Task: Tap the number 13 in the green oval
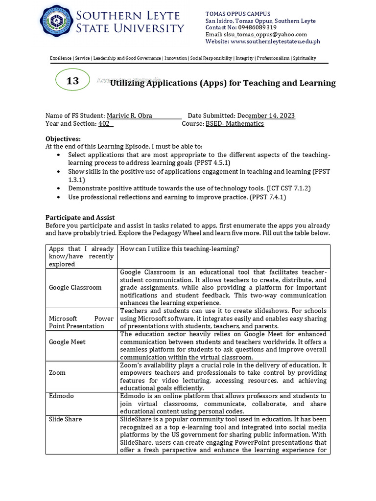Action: pos(72,81)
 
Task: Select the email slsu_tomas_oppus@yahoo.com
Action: pos(265,35)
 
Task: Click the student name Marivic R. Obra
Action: pos(130,116)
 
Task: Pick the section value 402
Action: pos(104,124)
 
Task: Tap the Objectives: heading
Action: pos(63,139)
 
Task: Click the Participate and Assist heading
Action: pos(80,217)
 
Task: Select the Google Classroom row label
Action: pos(75,287)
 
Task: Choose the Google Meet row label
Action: pos(67,342)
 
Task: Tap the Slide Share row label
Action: pos(65,419)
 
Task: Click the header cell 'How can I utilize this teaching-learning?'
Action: pos(179,249)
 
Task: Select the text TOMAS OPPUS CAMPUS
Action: pos(237,14)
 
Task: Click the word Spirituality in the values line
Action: pos(305,58)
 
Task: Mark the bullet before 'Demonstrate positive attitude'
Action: pos(59,188)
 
